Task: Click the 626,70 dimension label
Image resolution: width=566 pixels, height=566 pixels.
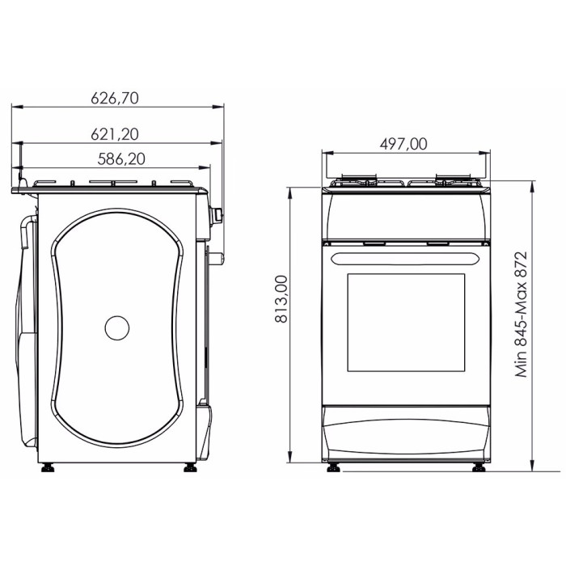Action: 115,98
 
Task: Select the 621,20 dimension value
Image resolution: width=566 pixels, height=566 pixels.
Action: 115,134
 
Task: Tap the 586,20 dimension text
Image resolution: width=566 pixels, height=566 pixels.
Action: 121,158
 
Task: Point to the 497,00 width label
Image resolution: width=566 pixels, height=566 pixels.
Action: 403,144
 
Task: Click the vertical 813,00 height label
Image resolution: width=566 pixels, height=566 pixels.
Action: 281,299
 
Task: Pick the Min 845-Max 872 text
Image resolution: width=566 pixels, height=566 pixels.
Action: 522,314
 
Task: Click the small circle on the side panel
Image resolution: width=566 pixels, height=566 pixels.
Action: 117,327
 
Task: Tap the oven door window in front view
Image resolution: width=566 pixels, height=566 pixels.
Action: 406,323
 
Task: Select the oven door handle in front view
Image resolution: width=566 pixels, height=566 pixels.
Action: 406,259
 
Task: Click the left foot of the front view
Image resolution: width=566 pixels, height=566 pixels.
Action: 333,468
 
